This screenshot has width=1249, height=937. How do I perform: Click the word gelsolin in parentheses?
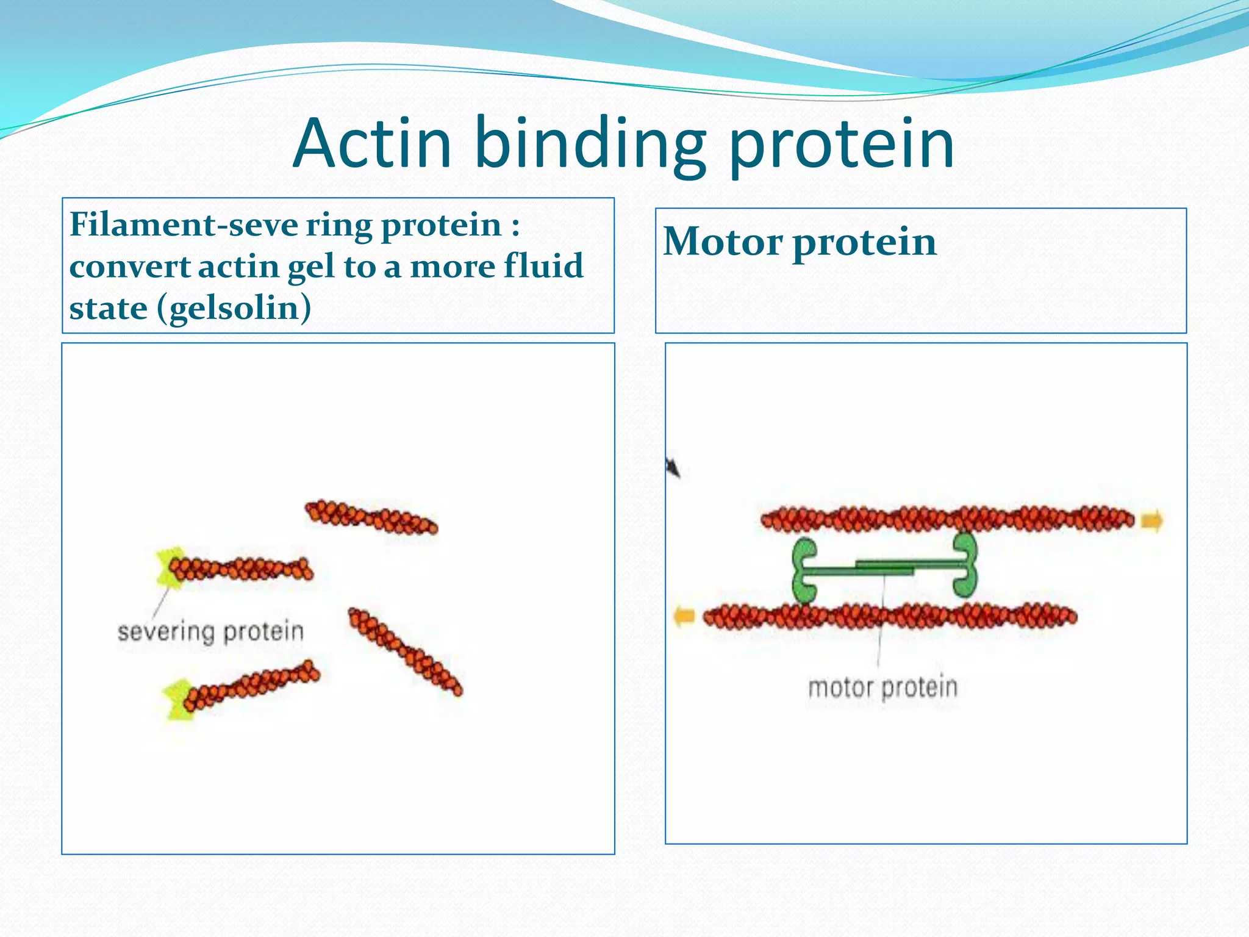coord(234,309)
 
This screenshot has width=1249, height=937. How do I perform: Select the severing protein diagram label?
coord(210,631)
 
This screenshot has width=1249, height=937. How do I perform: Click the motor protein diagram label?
coord(882,687)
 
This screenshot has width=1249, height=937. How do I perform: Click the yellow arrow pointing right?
coord(1151,521)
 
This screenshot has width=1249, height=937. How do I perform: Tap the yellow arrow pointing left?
coord(684,616)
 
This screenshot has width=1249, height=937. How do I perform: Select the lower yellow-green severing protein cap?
coord(177,700)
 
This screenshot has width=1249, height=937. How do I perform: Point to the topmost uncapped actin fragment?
coord(371,517)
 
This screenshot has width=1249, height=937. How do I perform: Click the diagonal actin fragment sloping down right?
coord(405,651)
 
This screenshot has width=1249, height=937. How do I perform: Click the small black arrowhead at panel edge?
coord(673,468)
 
